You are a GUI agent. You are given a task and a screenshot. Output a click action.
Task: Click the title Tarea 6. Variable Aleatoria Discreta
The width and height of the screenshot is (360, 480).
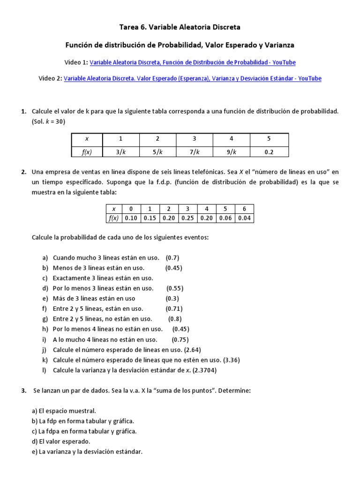tap(180, 27)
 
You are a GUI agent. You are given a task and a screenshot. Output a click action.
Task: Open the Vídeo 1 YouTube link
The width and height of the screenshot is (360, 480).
tap(192, 62)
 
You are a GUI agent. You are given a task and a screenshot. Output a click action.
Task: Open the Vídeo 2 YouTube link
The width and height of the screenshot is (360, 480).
tap(192, 78)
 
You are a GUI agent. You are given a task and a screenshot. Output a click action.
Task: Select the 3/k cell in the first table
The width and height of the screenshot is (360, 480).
tap(120, 151)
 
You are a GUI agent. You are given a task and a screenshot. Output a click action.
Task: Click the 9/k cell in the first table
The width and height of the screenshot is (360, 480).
tap(232, 151)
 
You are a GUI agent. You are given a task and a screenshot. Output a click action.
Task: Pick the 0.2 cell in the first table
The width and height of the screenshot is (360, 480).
tap(269, 151)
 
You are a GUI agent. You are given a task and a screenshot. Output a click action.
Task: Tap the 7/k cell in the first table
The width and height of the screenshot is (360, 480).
tap(195, 151)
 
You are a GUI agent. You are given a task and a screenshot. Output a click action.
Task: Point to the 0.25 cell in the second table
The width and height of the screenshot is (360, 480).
tap(187, 218)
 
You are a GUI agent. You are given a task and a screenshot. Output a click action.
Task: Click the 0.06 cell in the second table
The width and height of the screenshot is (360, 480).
tap(225, 218)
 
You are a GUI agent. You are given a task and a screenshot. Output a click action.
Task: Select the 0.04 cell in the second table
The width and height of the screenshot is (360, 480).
tap(244, 218)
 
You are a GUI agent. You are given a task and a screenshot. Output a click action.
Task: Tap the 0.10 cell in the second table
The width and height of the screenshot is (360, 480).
tap(131, 218)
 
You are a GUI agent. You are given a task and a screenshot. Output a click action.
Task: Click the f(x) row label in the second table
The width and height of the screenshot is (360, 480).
tap(113, 218)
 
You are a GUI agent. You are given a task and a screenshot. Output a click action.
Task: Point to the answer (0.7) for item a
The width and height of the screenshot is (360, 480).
tap(172, 258)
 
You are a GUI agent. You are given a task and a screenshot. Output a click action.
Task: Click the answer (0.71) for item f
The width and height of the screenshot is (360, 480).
tap(174, 308)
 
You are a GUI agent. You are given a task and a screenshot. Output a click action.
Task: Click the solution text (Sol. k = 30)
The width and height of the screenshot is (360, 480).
tap(48, 121)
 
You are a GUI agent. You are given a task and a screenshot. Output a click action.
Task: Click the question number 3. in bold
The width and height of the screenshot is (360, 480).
tap(24, 390)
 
